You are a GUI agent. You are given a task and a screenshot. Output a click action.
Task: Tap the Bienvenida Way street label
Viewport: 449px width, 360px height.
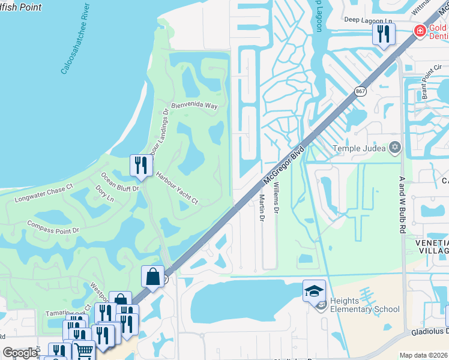[194, 105]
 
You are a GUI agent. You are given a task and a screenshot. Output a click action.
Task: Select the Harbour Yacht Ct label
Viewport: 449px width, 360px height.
[177, 188]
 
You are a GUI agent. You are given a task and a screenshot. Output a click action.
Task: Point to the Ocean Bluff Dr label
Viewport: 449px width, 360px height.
[119, 182]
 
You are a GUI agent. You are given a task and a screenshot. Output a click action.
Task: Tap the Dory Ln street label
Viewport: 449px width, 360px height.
[104, 196]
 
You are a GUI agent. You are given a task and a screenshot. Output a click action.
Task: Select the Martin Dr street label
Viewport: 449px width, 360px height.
[262, 208]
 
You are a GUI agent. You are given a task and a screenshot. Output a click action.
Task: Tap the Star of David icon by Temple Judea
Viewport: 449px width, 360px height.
[395, 147]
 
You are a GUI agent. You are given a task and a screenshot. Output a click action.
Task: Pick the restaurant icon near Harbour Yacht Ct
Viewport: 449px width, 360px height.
[140, 166]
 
